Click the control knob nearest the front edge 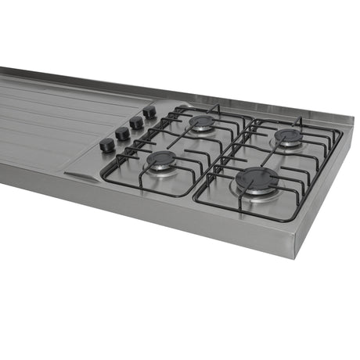[x=107, y=145]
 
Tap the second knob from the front [x=123, y=134]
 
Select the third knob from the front [x=137, y=123]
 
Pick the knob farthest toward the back [x=149, y=113]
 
